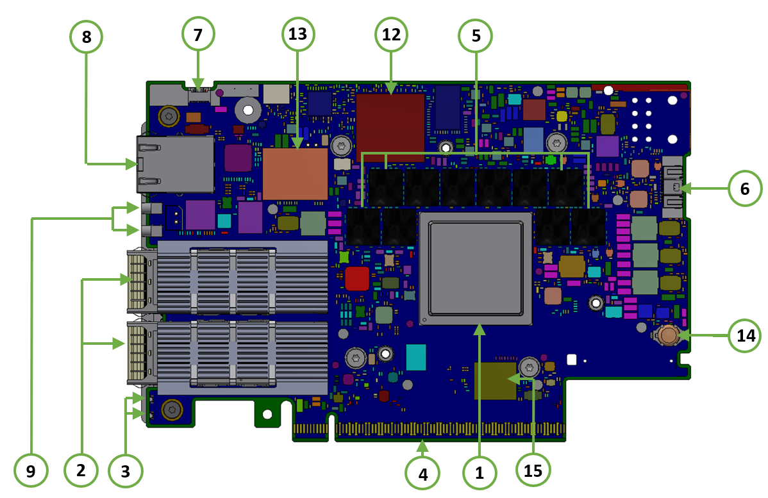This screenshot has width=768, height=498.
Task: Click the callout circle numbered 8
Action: point(86,37)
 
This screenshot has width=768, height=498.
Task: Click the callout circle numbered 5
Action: point(476,36)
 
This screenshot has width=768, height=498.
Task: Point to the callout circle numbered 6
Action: point(745,188)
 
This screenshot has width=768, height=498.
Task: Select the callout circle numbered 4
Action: point(422,474)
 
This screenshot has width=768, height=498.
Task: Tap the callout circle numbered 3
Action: point(125,471)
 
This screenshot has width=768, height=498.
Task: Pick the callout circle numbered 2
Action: point(81,470)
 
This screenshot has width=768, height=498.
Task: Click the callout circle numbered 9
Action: point(31,472)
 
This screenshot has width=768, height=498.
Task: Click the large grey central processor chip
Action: point(475,269)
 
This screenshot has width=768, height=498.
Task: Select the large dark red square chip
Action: point(390,123)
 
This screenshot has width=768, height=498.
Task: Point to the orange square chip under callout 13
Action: point(296,173)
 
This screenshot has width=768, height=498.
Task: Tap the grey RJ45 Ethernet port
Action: point(175,164)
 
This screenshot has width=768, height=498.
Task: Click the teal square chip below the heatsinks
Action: point(415,357)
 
